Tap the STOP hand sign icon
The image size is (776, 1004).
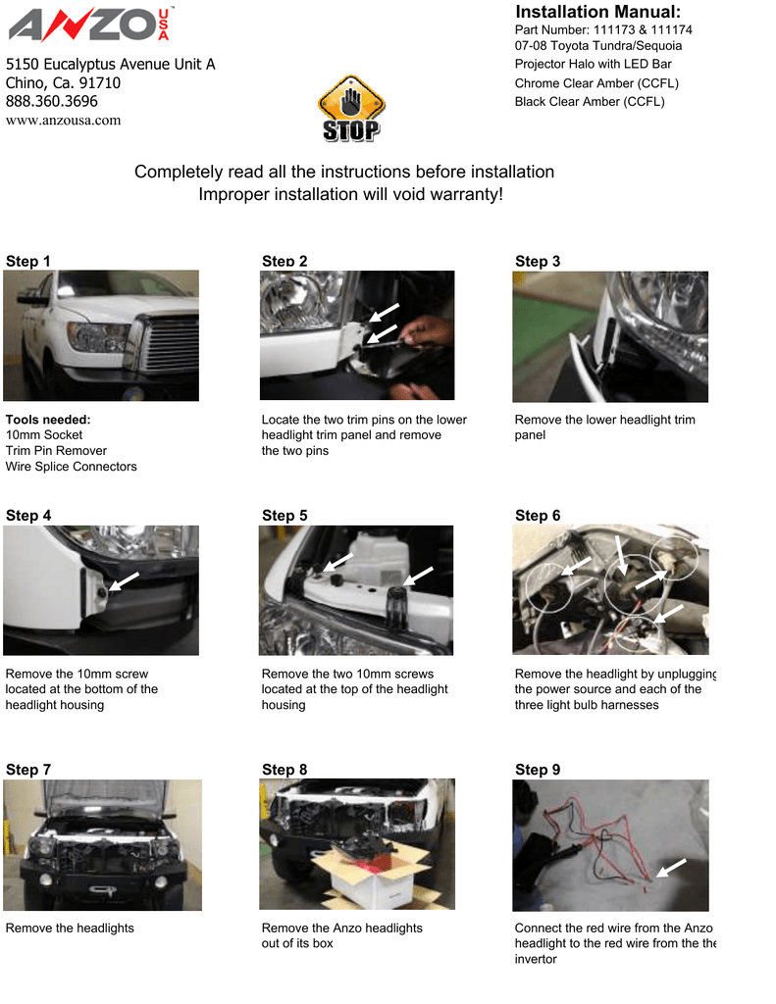pos(350,109)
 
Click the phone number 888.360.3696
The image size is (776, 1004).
pos(52,101)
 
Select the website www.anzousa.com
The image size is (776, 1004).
pos(64,121)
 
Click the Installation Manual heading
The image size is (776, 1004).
pos(597,12)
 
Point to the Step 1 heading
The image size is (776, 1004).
pos(28,261)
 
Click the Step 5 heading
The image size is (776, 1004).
pos(285,516)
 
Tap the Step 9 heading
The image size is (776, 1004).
pos(538,770)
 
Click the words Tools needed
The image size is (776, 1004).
pos(48,420)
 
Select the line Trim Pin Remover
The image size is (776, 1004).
pos(56,451)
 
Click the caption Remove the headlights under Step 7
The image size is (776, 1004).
pos(70,928)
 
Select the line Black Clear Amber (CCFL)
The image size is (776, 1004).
pos(590,102)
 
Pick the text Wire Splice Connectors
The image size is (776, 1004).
pos(72,467)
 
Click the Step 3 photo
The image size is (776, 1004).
pos(609,336)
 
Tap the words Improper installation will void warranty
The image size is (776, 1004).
pos(350,194)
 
